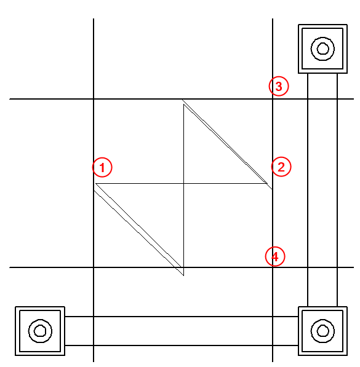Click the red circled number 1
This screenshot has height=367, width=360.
click(x=102, y=167)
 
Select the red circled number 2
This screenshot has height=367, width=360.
click(x=281, y=167)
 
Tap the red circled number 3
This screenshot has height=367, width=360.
click(x=279, y=86)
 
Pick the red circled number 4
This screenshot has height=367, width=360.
click(x=275, y=256)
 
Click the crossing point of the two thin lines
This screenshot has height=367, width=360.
click(x=184, y=183)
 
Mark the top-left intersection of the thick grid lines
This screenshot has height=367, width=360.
click(x=94, y=99)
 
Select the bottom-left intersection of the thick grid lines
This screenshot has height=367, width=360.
click(x=94, y=267)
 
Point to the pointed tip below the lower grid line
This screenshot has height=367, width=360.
click(x=183, y=275)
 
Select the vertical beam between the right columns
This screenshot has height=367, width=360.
click(x=322, y=190)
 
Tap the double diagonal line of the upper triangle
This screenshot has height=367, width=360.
click(x=227, y=144)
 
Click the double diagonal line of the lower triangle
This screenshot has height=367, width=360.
click(x=138, y=233)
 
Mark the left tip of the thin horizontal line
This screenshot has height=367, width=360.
click(x=95, y=183)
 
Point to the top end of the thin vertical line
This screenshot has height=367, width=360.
click(x=184, y=105)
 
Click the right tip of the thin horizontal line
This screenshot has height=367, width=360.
click(x=267, y=183)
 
